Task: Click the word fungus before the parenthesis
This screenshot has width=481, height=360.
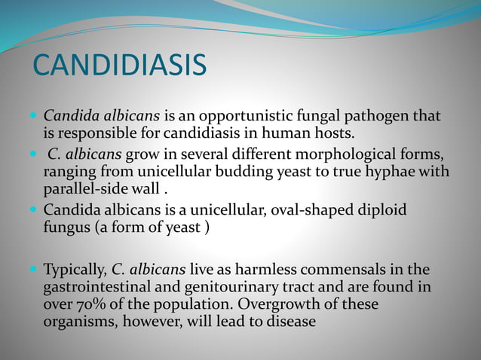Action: [69, 227]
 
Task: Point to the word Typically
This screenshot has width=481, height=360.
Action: [75, 269]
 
